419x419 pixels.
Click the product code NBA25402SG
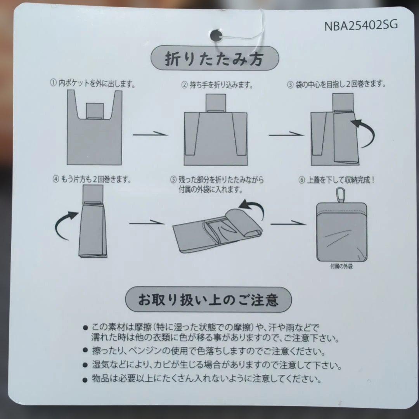click(x=361, y=25)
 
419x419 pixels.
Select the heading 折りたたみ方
click(x=214, y=59)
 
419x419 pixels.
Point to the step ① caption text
click(x=93, y=84)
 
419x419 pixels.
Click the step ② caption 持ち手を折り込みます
click(x=217, y=85)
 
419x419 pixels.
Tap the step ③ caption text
click(x=336, y=85)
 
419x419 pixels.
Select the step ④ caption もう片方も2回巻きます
click(x=92, y=179)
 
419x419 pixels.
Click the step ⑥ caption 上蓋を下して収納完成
click(x=336, y=180)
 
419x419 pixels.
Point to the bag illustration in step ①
click(x=94, y=128)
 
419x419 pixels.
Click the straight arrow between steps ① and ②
click(x=150, y=134)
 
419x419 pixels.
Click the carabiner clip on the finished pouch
click(x=339, y=195)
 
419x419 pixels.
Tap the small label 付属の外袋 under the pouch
click(x=341, y=266)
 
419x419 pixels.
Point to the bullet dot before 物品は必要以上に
click(x=85, y=379)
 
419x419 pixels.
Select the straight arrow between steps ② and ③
click(x=286, y=134)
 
